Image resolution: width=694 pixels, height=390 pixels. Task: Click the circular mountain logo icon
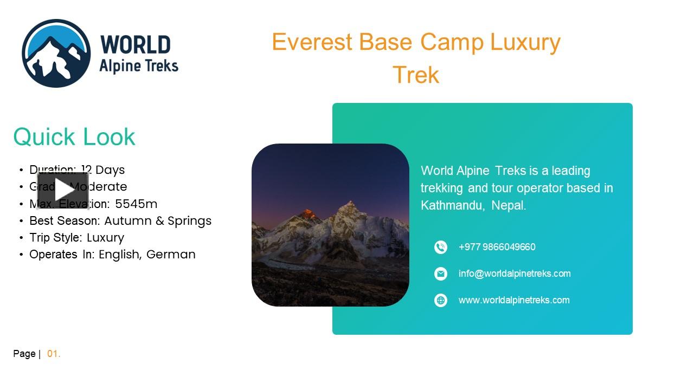click(x=56, y=53)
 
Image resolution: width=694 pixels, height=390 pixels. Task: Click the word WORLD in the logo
click(x=136, y=44)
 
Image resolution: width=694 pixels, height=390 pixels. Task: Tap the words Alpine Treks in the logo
click(x=139, y=66)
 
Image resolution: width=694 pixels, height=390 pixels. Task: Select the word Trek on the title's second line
click(x=416, y=75)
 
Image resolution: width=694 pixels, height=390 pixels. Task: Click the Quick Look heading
click(x=74, y=136)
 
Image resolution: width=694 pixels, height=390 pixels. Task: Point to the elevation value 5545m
click(x=136, y=204)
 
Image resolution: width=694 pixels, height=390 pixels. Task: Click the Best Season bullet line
click(x=120, y=220)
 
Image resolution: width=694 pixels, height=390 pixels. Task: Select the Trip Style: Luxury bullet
click(x=76, y=237)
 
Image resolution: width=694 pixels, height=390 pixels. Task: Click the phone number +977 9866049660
click(x=497, y=247)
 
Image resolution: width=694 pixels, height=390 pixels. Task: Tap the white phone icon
click(x=441, y=247)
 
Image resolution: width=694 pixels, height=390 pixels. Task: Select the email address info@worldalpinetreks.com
click(x=515, y=274)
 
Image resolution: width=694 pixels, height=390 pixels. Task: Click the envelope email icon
click(x=441, y=274)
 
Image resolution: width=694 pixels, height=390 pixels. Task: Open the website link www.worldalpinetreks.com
click(x=514, y=300)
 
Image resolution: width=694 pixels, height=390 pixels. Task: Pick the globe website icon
click(x=441, y=300)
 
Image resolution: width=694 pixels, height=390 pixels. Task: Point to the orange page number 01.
click(x=54, y=354)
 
